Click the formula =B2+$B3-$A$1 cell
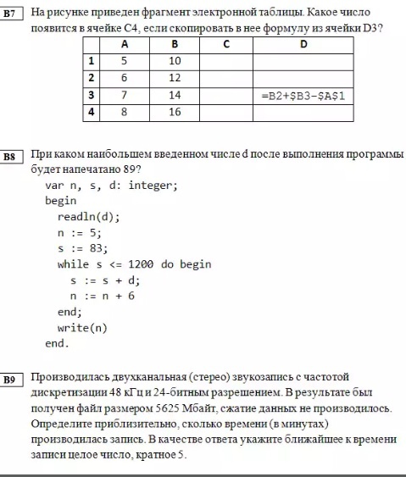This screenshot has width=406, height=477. tap(303, 96)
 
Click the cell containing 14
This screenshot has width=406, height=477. tap(175, 95)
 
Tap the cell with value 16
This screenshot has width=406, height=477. tap(175, 112)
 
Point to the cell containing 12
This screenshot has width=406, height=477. tap(175, 78)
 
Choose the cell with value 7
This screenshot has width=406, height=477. tap(124, 95)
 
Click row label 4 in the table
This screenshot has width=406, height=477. tap(90, 112)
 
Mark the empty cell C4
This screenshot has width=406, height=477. tap(227, 112)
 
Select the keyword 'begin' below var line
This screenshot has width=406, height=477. tap(61, 201)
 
